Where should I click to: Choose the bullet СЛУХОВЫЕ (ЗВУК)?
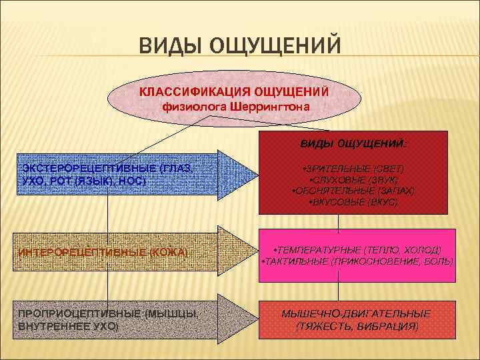tap(353, 179)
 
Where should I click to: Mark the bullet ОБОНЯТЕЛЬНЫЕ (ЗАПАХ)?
tap(353, 190)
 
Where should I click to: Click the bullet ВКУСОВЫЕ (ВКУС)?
tap(353, 201)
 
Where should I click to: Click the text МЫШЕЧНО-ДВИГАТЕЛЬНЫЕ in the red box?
tap(357, 313)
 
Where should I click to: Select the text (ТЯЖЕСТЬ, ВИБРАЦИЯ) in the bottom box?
tap(357, 326)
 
